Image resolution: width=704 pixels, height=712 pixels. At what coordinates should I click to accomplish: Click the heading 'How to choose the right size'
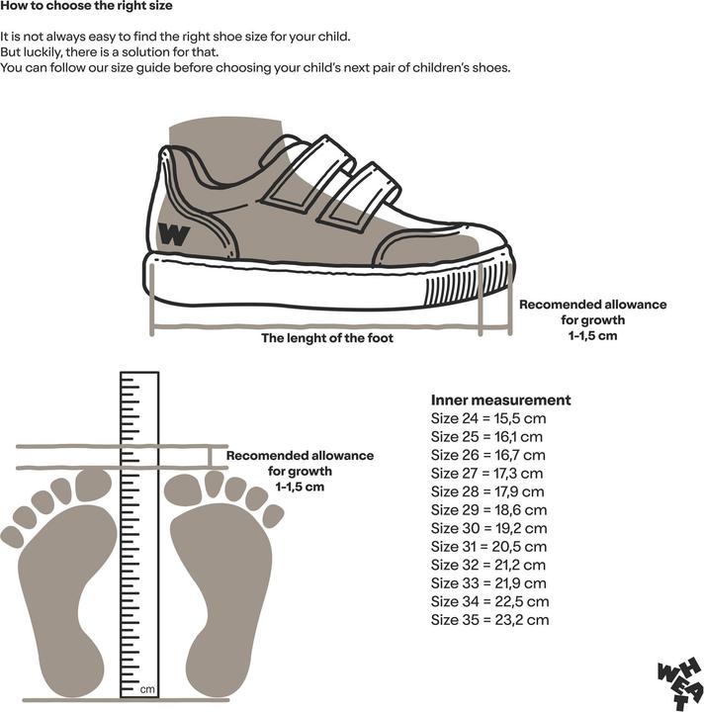tap(86, 6)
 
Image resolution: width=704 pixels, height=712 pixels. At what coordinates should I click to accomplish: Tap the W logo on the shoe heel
tap(173, 234)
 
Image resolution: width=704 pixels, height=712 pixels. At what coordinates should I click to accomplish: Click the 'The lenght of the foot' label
tap(327, 338)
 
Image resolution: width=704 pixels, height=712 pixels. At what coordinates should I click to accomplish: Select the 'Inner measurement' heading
tap(500, 400)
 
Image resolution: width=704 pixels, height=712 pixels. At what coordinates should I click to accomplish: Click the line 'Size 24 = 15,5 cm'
tap(488, 418)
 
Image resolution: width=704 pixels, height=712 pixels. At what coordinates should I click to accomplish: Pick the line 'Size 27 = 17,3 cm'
tap(486, 473)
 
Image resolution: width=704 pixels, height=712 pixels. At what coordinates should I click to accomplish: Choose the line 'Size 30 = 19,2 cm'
tap(488, 528)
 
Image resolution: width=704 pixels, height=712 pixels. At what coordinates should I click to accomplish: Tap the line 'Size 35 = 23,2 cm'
tap(489, 620)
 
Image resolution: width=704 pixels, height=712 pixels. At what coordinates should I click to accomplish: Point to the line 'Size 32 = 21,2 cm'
tap(487, 565)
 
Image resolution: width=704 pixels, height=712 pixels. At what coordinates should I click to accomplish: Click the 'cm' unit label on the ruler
tap(147, 690)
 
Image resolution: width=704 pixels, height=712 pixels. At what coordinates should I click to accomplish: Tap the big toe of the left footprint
tap(93, 485)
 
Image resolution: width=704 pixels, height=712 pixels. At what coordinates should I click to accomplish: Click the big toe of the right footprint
tap(183, 489)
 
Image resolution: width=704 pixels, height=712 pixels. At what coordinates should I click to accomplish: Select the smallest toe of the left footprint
tap(12, 537)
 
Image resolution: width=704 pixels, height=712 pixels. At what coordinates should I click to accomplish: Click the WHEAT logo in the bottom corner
tap(680, 683)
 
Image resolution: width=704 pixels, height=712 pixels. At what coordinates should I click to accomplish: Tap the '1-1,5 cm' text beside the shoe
tap(593, 335)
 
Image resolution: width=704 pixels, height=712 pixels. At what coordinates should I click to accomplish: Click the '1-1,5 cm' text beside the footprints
tap(300, 487)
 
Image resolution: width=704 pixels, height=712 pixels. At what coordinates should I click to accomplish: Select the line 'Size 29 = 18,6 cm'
tap(488, 510)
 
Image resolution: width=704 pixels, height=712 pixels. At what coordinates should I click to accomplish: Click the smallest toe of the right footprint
tap(273, 516)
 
